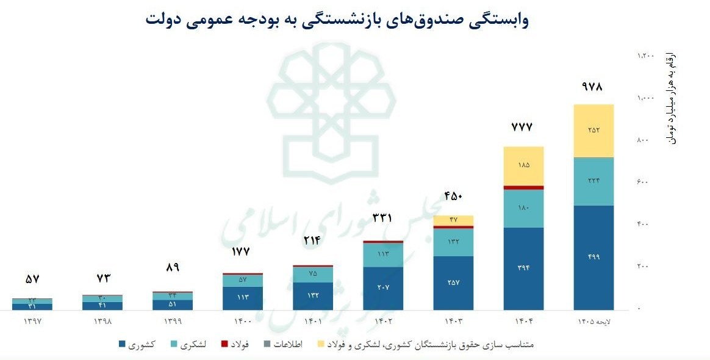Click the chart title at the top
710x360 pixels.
point(337,20)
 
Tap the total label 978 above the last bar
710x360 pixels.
point(592,87)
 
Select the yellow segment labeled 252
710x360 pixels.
point(593,131)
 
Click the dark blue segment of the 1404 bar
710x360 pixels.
point(523,268)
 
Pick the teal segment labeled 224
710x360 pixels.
point(593,181)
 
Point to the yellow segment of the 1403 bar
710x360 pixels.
point(453,220)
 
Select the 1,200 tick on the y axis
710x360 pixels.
point(645,56)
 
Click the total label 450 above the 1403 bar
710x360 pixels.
point(453,196)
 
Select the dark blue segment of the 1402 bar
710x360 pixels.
point(383,287)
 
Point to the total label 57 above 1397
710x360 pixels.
point(32,279)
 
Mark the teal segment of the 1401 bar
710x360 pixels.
point(313,274)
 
